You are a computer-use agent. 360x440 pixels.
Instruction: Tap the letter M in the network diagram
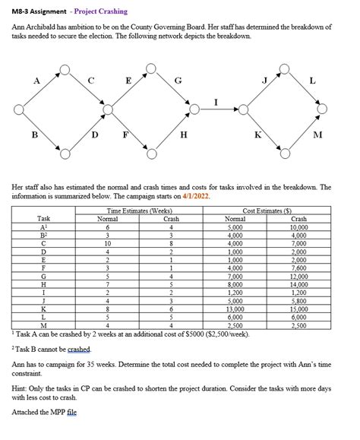coord(317,136)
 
